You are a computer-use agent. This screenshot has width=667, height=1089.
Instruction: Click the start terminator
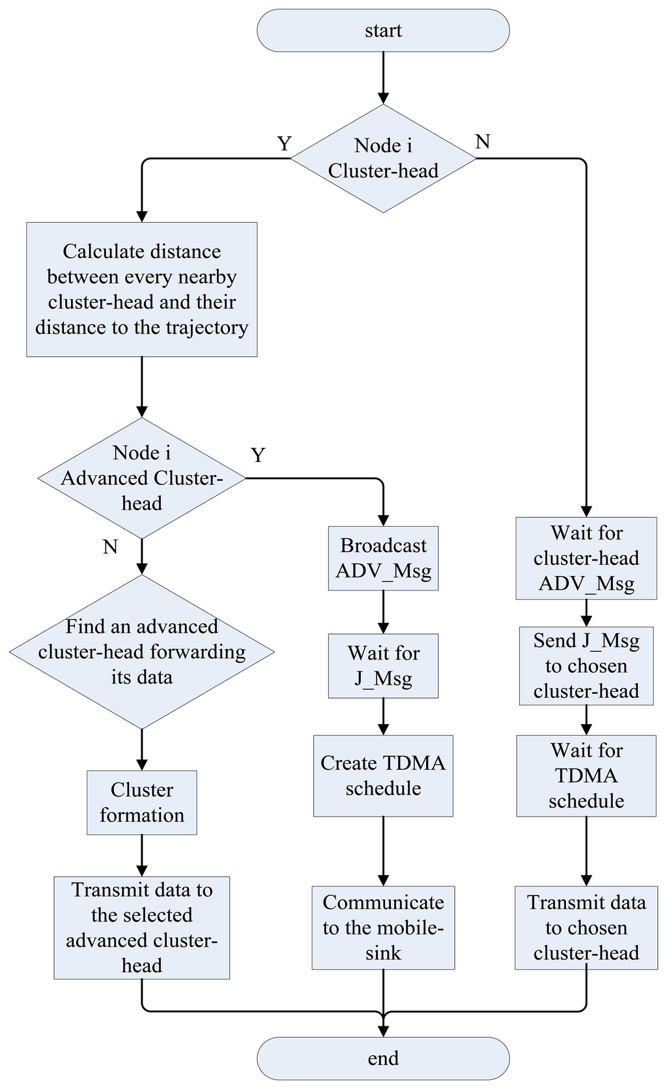click(383, 31)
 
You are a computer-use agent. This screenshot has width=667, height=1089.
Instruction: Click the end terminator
click(383, 1058)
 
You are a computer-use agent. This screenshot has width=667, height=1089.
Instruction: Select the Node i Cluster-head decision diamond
click(383, 158)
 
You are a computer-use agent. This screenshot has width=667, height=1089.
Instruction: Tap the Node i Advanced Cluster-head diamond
click(142, 478)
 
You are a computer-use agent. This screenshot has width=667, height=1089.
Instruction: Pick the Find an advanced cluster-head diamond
click(142, 652)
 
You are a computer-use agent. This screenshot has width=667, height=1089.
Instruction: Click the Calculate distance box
click(142, 290)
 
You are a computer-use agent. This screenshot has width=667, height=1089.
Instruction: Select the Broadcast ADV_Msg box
click(383, 558)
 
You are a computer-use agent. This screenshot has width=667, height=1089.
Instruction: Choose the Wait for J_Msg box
click(383, 666)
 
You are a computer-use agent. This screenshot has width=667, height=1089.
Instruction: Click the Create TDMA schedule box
click(383, 776)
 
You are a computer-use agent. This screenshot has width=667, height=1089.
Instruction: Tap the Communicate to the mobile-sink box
click(383, 928)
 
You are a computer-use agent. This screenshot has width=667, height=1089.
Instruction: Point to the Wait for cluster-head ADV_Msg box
click(586, 558)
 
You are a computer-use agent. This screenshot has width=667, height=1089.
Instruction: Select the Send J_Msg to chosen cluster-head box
click(586, 666)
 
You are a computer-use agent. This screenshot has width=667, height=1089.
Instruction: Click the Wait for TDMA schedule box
click(586, 776)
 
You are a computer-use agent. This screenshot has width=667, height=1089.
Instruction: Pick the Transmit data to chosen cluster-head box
click(586, 928)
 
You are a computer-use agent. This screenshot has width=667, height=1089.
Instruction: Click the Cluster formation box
click(142, 803)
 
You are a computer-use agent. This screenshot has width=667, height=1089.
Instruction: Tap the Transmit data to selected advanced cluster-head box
click(142, 928)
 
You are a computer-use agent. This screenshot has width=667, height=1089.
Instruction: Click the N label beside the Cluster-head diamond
click(483, 142)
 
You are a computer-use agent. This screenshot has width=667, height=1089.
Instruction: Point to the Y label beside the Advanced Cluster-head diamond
click(258, 455)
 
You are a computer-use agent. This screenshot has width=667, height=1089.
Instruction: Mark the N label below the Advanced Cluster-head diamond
click(110, 547)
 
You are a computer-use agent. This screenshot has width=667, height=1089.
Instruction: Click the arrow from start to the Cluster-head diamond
click(383, 78)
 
